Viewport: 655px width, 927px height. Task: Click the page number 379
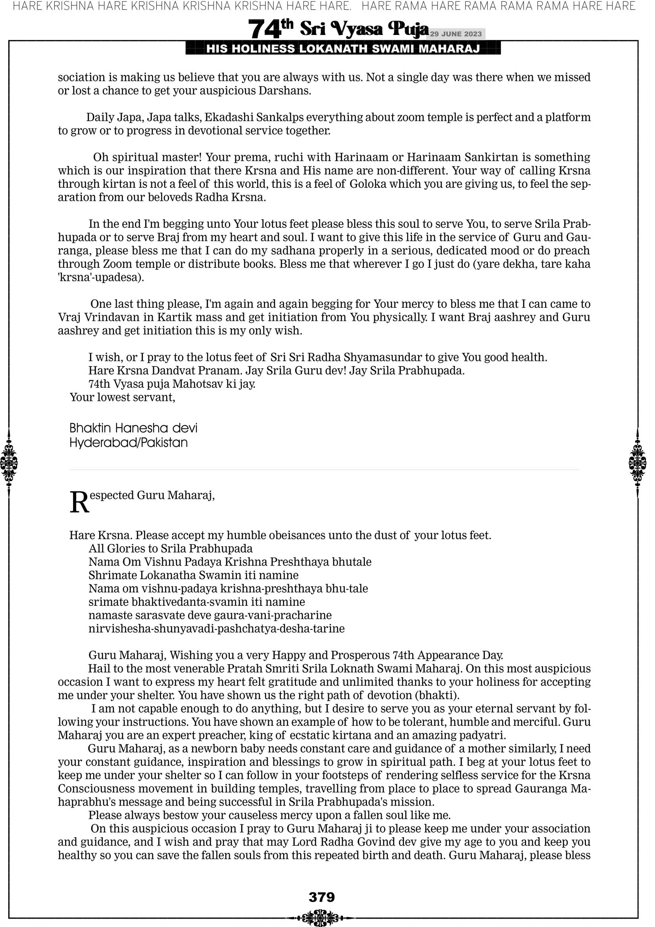[322, 897]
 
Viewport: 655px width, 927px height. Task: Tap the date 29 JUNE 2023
[455, 34]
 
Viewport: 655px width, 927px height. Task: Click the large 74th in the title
[270, 29]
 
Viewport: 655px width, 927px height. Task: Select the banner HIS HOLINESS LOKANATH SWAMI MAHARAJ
[343, 49]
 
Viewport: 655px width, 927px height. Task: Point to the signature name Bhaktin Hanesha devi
[133, 428]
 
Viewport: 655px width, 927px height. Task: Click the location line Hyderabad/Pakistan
[128, 443]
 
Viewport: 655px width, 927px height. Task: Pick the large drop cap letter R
[79, 503]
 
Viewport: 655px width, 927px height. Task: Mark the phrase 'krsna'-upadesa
[100, 278]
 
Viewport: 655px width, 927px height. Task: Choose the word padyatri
[482, 735]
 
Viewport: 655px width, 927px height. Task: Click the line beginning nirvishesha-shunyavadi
[216, 628]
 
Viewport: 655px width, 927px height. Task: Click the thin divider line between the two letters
[324, 470]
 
